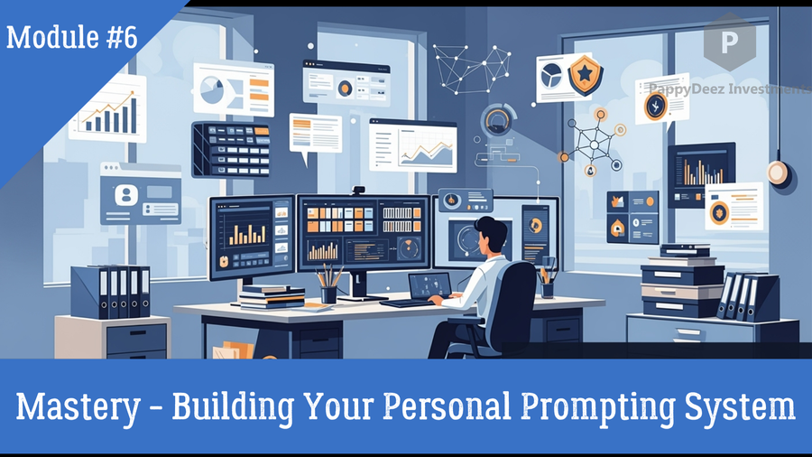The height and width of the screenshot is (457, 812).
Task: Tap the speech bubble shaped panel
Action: (314, 135)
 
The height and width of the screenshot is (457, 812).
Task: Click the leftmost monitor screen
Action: (251, 236)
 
